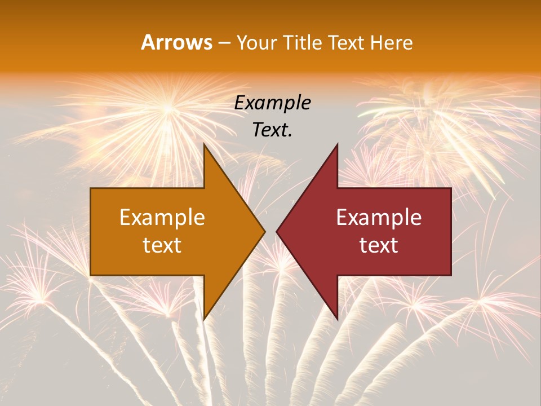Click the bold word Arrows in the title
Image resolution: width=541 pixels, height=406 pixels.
(176, 42)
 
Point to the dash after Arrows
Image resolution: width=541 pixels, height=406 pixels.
(224, 43)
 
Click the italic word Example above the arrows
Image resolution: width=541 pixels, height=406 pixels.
(273, 103)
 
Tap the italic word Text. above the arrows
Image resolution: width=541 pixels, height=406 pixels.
(273, 130)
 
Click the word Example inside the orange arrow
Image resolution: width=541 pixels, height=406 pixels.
(162, 218)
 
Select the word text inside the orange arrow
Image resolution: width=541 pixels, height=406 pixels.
(162, 245)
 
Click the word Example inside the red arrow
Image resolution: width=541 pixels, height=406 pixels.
(379, 218)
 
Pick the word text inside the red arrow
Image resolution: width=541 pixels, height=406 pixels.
(379, 245)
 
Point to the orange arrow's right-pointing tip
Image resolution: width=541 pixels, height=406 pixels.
(264, 231)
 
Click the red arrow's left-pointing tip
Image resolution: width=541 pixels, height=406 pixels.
(277, 231)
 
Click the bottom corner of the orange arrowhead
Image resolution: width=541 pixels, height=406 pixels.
(204, 319)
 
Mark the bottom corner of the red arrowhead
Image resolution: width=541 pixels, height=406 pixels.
(337, 319)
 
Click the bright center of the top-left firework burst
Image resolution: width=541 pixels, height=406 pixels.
(167, 107)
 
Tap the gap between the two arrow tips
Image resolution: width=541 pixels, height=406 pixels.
(270, 231)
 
